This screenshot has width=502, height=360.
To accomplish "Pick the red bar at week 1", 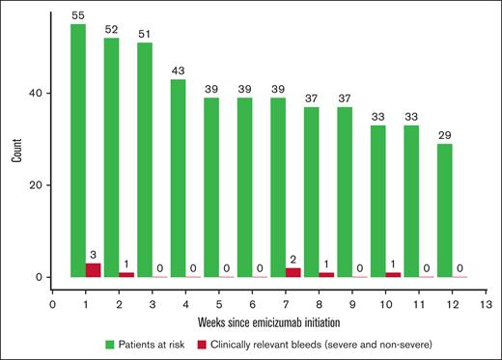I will [94, 270].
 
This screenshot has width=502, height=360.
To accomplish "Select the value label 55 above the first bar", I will [78, 17].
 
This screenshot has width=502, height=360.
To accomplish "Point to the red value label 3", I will [94, 256].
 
